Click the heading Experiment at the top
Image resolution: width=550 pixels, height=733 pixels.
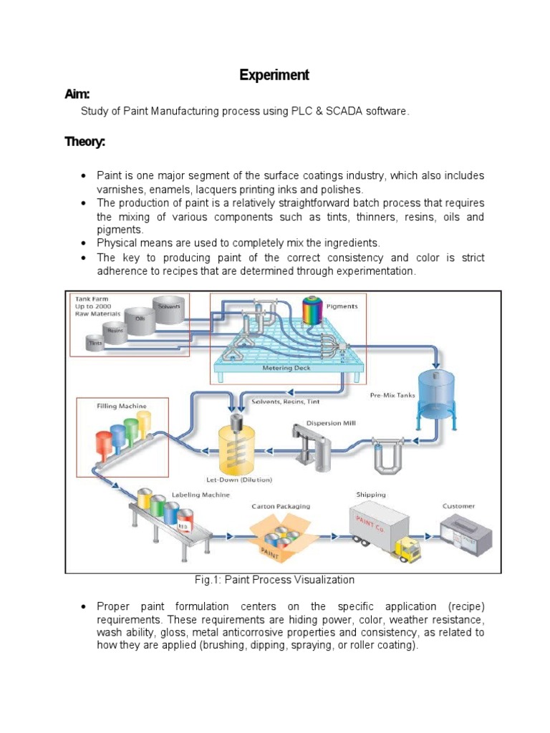(x=274, y=75)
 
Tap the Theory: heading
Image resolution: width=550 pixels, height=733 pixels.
(x=85, y=142)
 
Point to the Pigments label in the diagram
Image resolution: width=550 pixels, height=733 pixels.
(x=342, y=306)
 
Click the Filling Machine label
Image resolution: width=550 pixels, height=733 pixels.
(x=122, y=406)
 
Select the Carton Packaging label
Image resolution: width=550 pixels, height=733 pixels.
(x=281, y=505)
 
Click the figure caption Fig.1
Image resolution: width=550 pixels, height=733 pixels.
(x=274, y=579)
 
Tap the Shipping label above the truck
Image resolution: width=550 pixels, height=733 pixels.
(x=370, y=494)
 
